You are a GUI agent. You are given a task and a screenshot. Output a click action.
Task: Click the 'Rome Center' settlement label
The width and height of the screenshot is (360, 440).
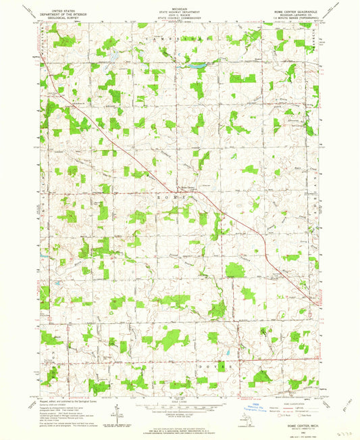187,188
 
